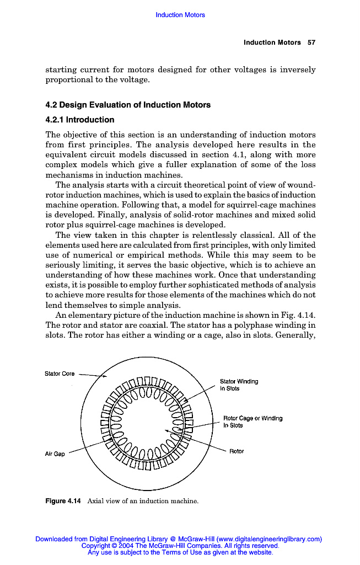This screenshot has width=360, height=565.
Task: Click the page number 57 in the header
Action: pos(311,42)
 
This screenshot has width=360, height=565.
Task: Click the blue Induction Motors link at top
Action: pos(180,15)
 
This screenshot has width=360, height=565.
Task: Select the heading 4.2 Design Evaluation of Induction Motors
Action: pos(128,105)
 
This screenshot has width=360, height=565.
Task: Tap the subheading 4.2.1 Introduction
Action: pos(80,120)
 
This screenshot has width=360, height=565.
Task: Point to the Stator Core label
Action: pos(60,374)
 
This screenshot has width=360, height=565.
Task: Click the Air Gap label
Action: pos(55,454)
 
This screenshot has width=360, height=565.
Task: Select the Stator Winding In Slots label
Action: pos(238,385)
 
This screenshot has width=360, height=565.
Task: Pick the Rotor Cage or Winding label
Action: pos(252,422)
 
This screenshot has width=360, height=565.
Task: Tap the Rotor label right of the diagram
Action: pos(237,451)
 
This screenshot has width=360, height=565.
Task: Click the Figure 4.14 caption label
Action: pos(63,501)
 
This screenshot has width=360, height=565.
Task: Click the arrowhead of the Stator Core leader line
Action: pos(106,377)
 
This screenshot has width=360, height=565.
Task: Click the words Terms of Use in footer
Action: pos(181,552)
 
